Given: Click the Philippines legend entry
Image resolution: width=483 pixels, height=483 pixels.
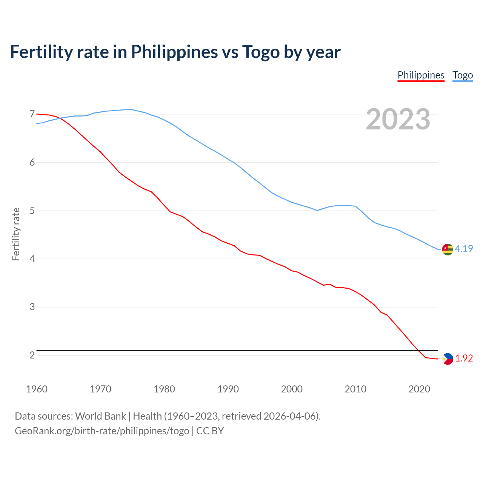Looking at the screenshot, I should pyautogui.click(x=421, y=75).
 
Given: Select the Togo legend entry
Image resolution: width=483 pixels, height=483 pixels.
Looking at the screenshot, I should pyautogui.click(x=463, y=75).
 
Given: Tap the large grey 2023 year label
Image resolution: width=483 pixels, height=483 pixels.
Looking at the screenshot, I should pyautogui.click(x=398, y=119).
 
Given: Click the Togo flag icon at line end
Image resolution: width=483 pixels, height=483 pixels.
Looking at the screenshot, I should pyautogui.click(x=447, y=249).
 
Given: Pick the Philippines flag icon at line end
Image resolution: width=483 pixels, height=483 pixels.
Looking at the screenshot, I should pyautogui.click(x=448, y=359).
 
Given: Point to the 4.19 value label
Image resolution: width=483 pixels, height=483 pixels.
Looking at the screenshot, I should pyautogui.click(x=464, y=249).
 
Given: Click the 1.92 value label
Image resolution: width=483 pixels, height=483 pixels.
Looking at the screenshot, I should pyautogui.click(x=464, y=358).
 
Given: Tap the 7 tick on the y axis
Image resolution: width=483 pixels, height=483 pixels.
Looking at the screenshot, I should pyautogui.click(x=32, y=114).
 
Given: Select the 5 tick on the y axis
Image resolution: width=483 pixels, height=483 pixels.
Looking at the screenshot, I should pyautogui.click(x=32, y=211).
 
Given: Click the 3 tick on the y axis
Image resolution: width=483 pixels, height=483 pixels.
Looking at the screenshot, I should pyautogui.click(x=32, y=307).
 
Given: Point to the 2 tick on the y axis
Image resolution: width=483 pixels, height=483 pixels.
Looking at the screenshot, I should pyautogui.click(x=32, y=355).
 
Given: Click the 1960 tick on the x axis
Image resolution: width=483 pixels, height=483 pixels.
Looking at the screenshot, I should pyautogui.click(x=37, y=389).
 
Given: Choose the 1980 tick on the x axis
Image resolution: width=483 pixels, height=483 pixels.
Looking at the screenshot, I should pyautogui.click(x=164, y=389).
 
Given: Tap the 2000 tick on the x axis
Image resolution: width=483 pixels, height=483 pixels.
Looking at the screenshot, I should pyautogui.click(x=292, y=389).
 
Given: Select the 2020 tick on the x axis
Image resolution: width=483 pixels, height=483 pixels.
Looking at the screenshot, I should pyautogui.click(x=419, y=389).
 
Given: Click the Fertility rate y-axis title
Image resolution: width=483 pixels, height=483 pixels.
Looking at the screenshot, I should pyautogui.click(x=16, y=234).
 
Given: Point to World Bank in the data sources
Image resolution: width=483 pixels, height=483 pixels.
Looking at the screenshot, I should pyautogui.click(x=100, y=416).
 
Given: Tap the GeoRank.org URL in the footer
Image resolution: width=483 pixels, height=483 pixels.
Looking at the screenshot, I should pyautogui.click(x=102, y=431).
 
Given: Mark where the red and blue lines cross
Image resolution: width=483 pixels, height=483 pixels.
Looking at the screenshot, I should pyautogui.click(x=59, y=118).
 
